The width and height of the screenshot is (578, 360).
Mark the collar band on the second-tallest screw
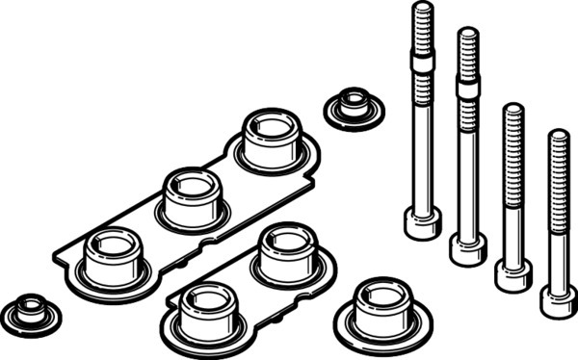coord(467,88)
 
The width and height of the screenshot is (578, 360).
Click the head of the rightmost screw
coord(558,302)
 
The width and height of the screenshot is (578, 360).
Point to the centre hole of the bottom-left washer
coord(29,306)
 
